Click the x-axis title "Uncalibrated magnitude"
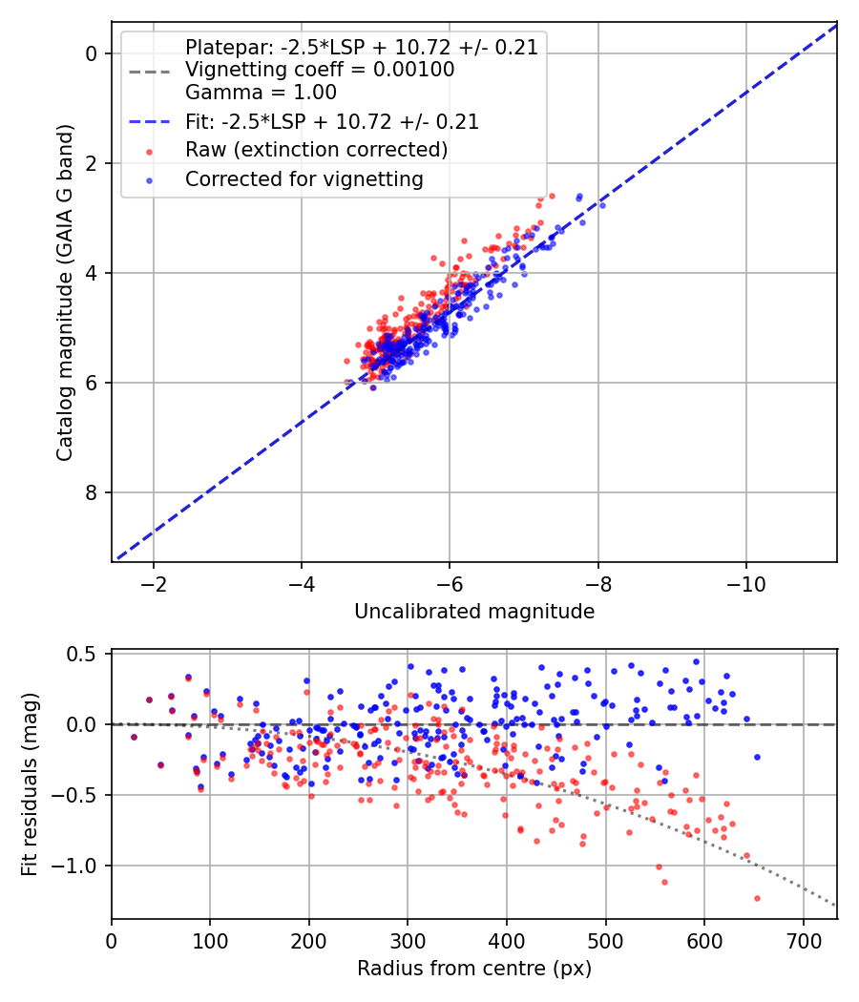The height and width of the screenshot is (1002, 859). click(474, 612)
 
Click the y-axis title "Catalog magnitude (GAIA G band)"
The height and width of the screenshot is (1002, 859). click(65, 293)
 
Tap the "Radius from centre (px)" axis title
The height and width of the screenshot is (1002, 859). click(474, 969)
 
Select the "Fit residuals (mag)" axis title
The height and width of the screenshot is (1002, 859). click(30, 784)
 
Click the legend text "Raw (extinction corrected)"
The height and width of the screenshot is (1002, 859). click(316, 150)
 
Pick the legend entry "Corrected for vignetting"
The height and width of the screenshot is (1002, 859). click(304, 179)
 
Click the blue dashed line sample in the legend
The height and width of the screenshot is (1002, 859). click(150, 121)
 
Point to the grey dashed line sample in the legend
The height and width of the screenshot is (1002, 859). click(150, 72)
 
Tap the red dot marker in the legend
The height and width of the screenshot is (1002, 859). click(150, 152)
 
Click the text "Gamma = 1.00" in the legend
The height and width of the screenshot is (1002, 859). click(261, 93)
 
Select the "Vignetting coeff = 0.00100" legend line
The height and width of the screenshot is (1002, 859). click(320, 70)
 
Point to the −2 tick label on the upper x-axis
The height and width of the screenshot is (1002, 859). click(154, 584)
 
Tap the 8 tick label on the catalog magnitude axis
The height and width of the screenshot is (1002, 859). click(92, 492)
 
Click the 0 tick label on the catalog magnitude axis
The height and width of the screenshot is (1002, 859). click(92, 53)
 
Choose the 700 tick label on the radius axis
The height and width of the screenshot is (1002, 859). click(804, 941)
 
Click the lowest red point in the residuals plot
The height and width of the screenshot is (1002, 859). click(758, 899)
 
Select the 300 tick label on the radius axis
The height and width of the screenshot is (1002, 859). click(408, 941)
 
